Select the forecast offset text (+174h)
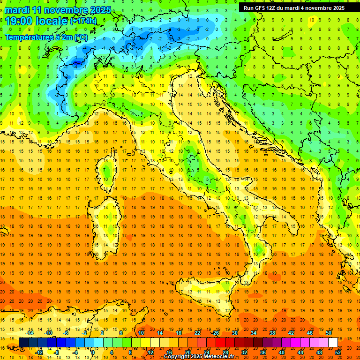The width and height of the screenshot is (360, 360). point(83,21)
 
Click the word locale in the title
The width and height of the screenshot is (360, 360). point(52,21)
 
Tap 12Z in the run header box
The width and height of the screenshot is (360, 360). point(276,8)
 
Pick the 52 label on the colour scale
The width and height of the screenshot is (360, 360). point(338,352)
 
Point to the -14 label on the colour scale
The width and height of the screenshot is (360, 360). point(30,332)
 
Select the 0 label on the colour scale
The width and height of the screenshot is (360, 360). point(92,352)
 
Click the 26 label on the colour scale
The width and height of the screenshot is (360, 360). point(216,332)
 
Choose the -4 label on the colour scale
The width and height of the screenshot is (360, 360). point(75,352)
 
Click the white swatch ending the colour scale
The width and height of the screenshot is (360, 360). point(333,342)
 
